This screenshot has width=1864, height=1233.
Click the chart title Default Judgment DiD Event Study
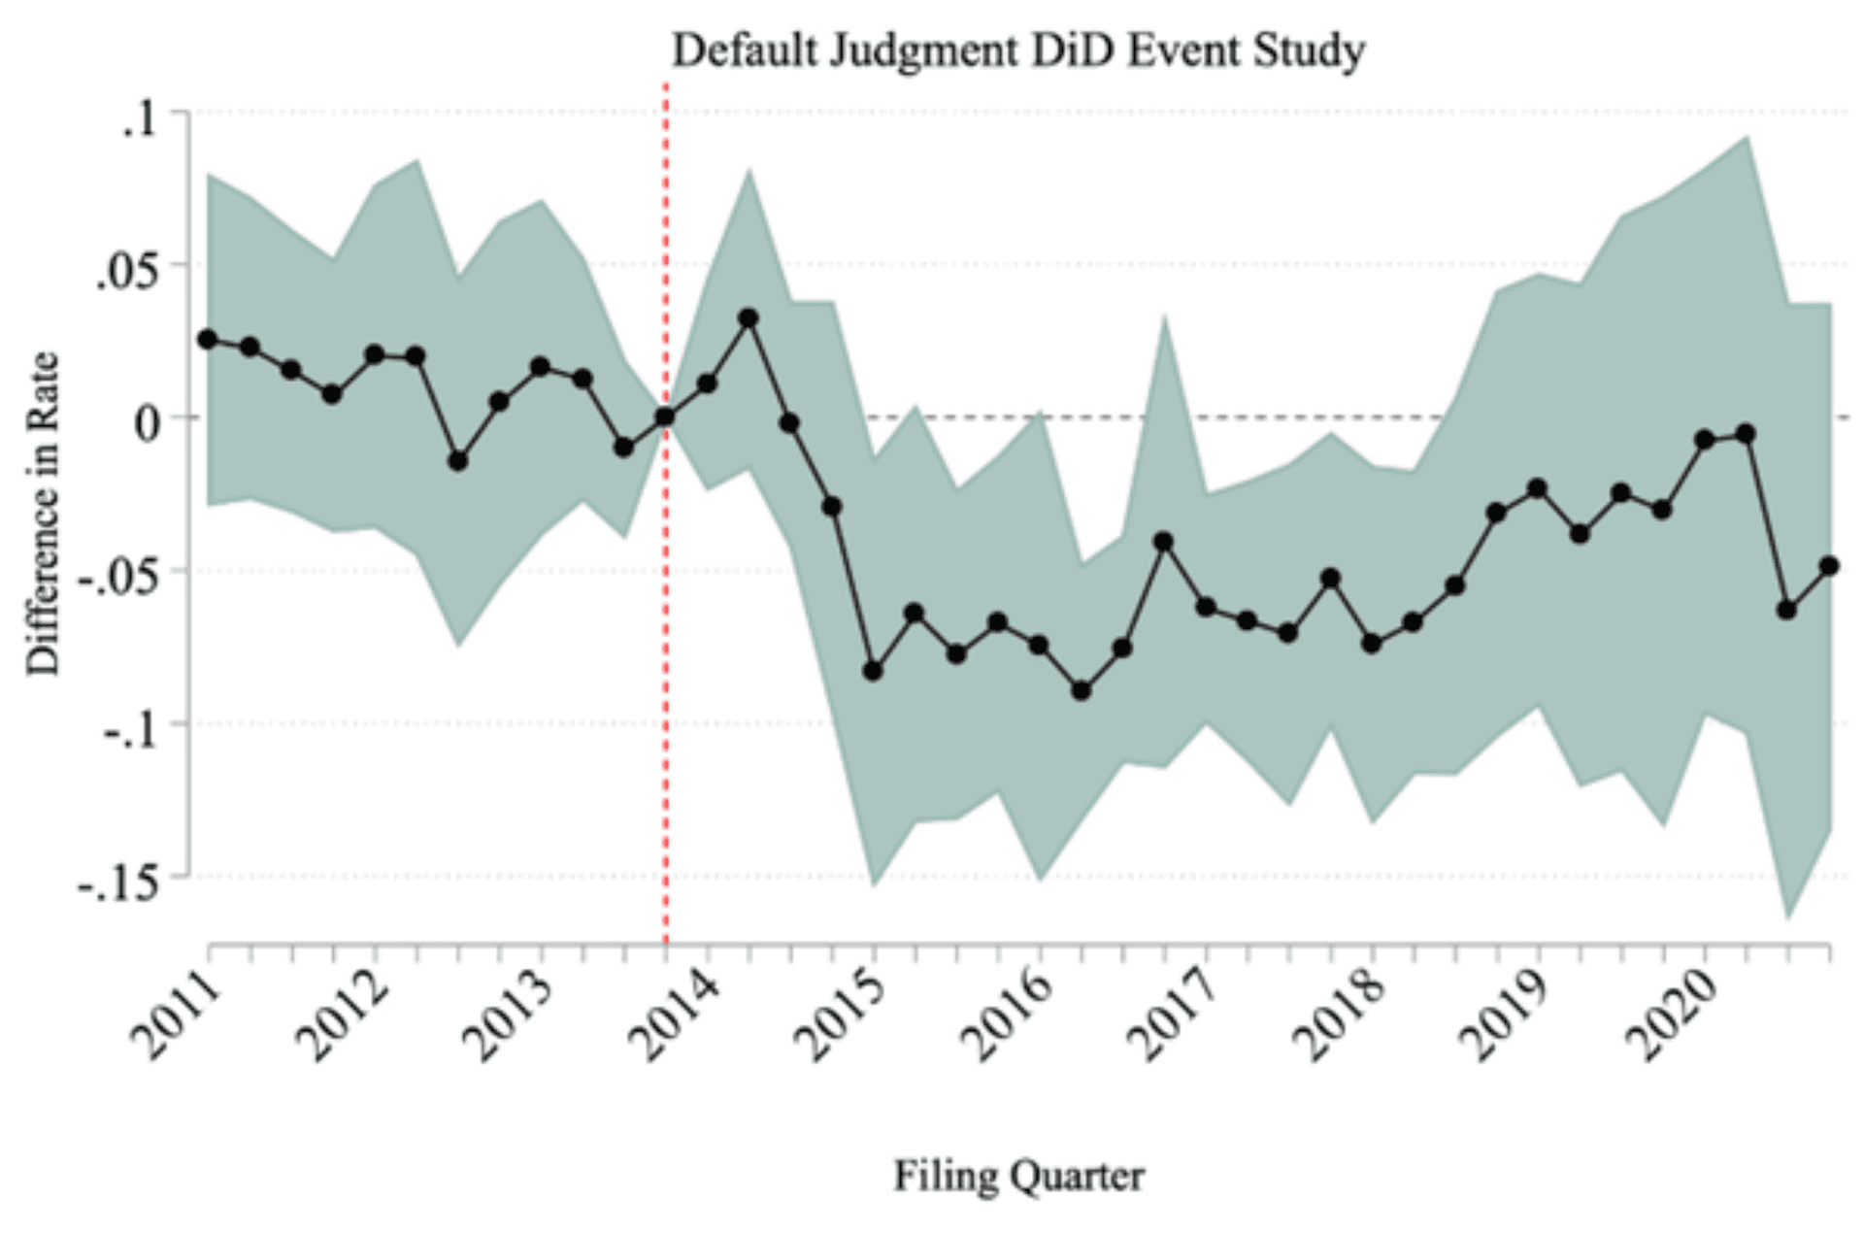tap(1018, 50)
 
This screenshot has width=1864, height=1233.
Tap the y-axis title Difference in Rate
tap(43, 515)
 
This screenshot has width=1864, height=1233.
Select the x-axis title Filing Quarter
tap(1018, 1176)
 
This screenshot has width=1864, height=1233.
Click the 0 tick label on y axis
tap(147, 424)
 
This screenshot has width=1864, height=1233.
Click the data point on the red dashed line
tap(665, 417)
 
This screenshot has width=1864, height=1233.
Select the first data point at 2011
tap(208, 339)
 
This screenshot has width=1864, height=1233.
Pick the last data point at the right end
tap(1829, 566)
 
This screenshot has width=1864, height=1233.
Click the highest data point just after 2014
tap(749, 318)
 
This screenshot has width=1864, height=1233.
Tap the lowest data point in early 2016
tap(1082, 691)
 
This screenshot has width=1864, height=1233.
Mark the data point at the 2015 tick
tap(873, 671)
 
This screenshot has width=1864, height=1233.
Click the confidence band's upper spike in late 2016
tap(1164, 318)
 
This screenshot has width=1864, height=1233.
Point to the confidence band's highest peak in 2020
tap(1747, 138)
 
